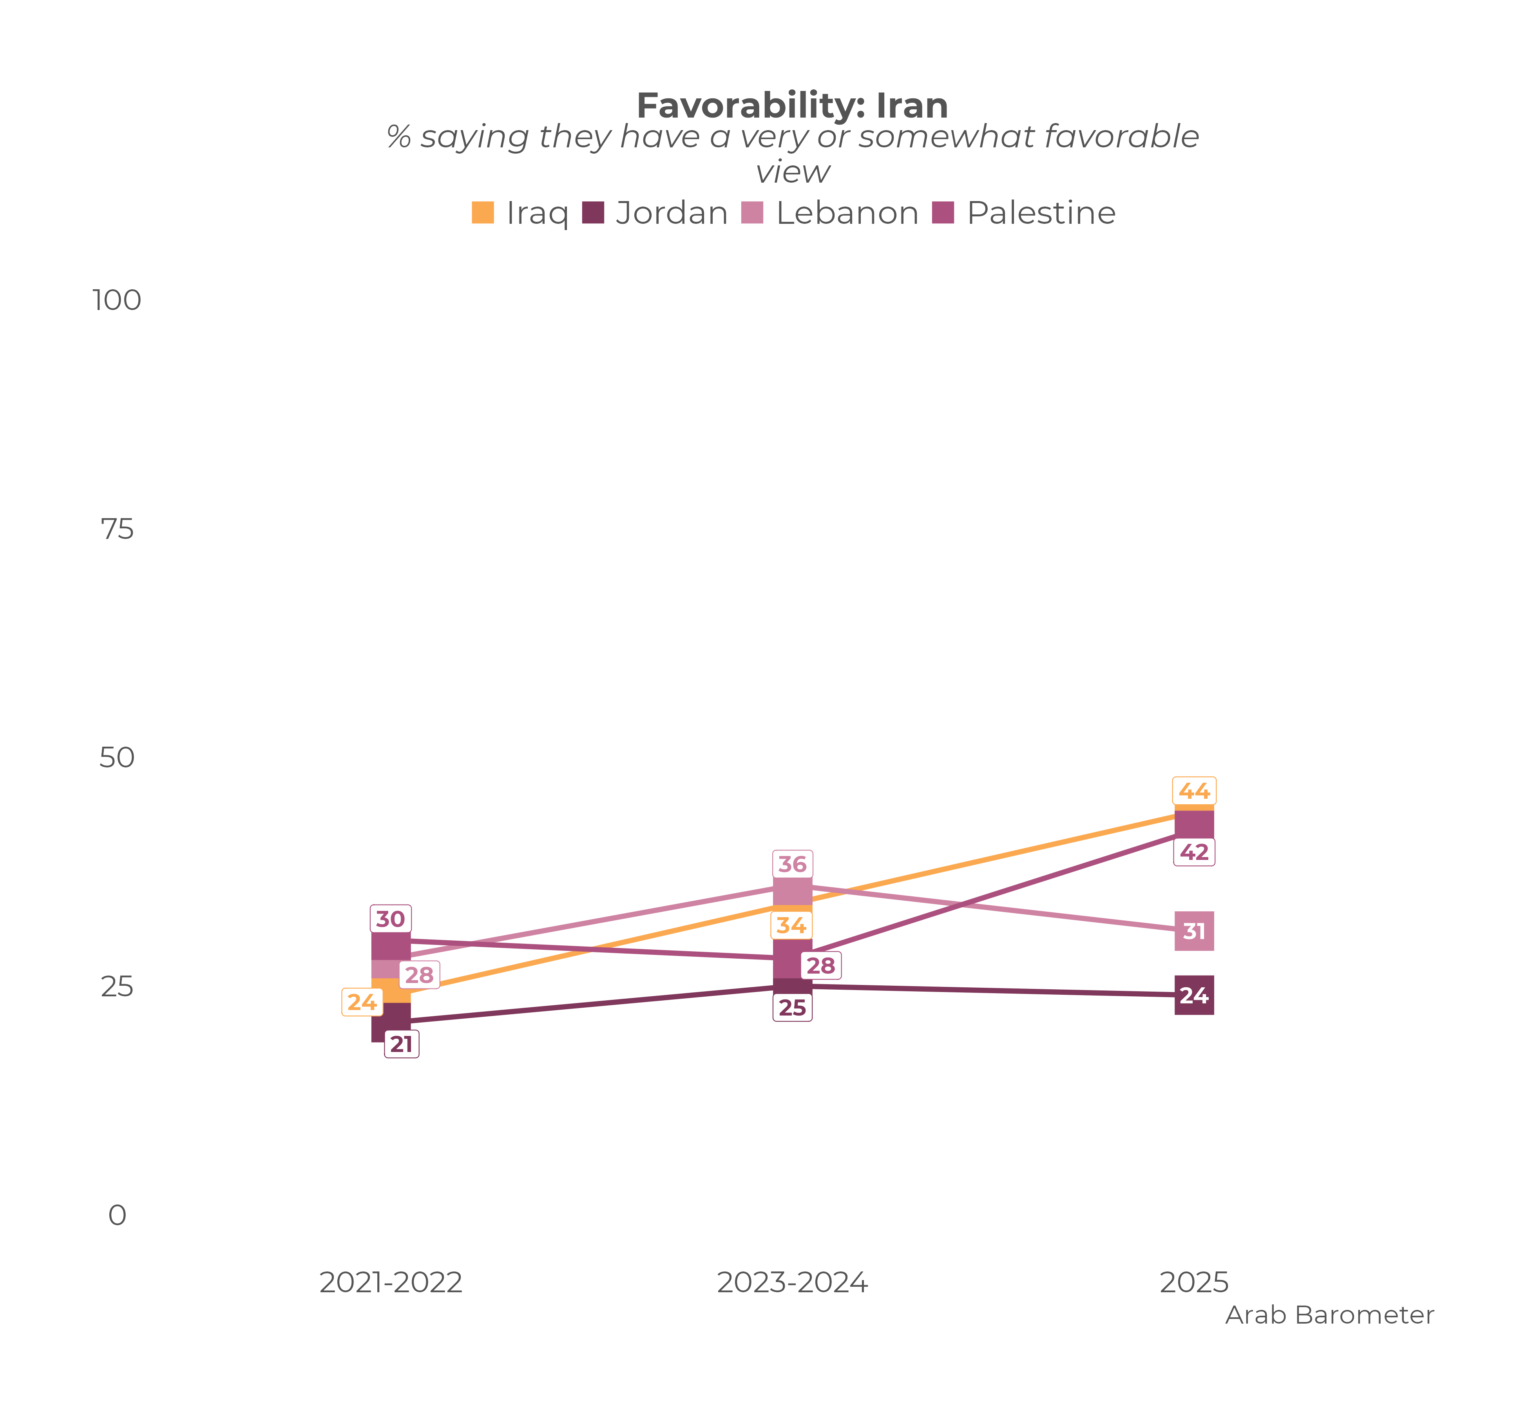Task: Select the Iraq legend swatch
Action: click(482, 212)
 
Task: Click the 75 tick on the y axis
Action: click(117, 529)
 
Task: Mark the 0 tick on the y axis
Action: click(117, 1215)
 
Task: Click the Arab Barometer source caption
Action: click(1330, 1315)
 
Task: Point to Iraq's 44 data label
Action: click(1194, 791)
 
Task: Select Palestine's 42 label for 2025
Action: click(1194, 852)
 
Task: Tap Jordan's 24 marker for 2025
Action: click(1194, 996)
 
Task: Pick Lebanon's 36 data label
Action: click(792, 864)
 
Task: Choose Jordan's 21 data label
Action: click(402, 1045)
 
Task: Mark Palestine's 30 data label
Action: click(391, 919)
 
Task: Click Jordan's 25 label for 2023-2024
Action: click(792, 1008)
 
